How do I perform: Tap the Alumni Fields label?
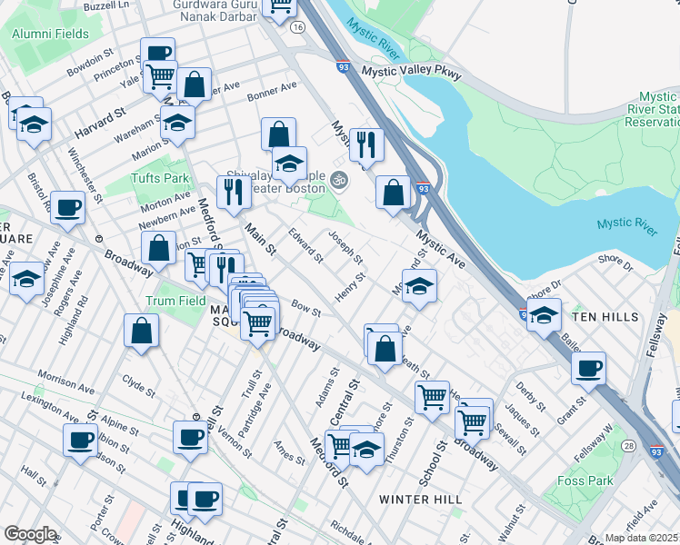(x=51, y=34)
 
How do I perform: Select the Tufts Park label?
(x=159, y=178)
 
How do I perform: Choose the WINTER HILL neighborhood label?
(x=421, y=500)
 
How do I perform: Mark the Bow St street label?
(x=306, y=310)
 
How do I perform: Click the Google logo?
(x=30, y=533)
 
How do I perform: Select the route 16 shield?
(x=297, y=27)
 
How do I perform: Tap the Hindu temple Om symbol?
(x=339, y=178)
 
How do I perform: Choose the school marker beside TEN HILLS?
(x=544, y=316)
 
